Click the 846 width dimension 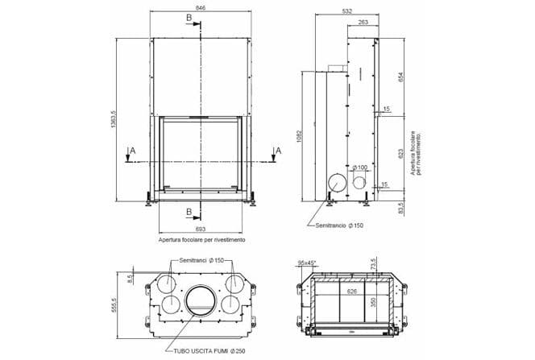pos(200,7)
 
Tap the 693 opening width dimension pos(200,230)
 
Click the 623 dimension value pos(400,153)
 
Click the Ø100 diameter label pos(360,167)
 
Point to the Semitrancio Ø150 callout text pos(341,226)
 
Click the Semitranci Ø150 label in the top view pos(201,261)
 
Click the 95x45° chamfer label pos(306,263)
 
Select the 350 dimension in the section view pos(372,303)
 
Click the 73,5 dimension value pos(374,264)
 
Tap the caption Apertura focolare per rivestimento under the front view pos(201,240)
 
